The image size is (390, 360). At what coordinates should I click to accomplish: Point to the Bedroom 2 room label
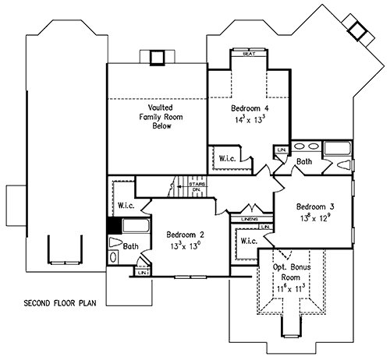[186, 234]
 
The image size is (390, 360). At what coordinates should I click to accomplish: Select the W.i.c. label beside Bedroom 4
[228, 158]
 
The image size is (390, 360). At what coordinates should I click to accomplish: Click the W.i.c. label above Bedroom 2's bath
[127, 206]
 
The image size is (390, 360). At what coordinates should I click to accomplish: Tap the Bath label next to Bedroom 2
[130, 247]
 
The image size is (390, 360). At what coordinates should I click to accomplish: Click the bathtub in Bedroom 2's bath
[133, 228]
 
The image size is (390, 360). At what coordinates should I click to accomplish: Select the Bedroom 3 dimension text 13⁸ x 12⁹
[316, 221]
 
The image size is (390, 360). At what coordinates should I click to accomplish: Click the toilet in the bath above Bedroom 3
[345, 165]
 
